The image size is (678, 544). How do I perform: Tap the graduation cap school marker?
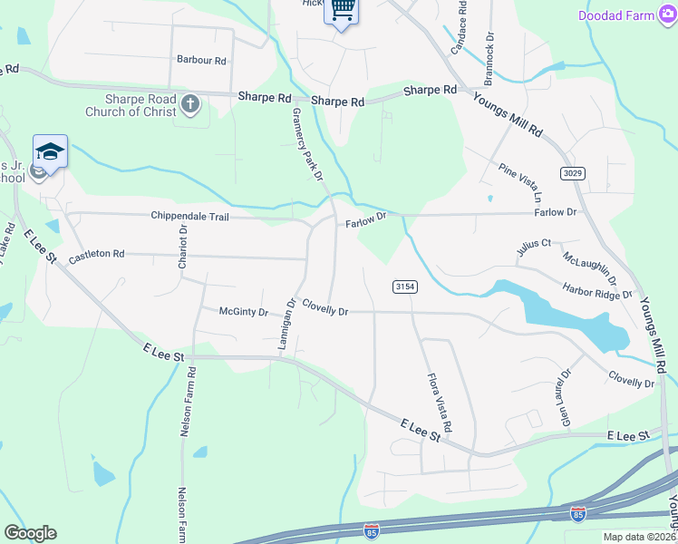[50, 151]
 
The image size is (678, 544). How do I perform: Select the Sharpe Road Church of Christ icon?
[190, 103]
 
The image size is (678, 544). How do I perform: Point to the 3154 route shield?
[404, 287]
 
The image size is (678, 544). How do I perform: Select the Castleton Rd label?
[96, 256]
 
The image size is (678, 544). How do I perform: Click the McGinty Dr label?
[244, 312]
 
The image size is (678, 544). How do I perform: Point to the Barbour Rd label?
[201, 60]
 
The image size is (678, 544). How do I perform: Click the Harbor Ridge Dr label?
[597, 293]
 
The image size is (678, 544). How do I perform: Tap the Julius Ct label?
[534, 244]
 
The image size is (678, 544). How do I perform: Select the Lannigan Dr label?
[286, 326]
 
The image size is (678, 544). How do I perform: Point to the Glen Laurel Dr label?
[567, 397]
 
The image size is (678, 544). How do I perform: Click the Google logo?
[30, 533]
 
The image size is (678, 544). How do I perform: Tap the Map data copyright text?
[640, 537]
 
